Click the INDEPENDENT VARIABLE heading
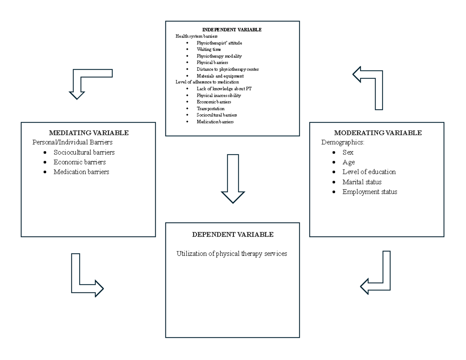[x=232, y=30]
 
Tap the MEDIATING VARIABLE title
[x=89, y=133]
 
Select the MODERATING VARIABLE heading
[x=378, y=133]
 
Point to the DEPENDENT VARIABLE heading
[x=233, y=234]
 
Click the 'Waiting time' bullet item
[x=209, y=49]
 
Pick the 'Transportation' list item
[x=210, y=108]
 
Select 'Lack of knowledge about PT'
[x=224, y=89]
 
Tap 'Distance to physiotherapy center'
[x=228, y=69]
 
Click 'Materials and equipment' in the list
[x=220, y=76]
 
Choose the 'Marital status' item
[x=362, y=182]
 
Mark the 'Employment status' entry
[x=370, y=192]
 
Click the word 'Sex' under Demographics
[x=348, y=152]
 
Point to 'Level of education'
[x=369, y=172]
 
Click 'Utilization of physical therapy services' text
[x=232, y=254]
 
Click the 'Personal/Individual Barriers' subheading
[x=73, y=142]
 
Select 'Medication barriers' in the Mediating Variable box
[x=81, y=172]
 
